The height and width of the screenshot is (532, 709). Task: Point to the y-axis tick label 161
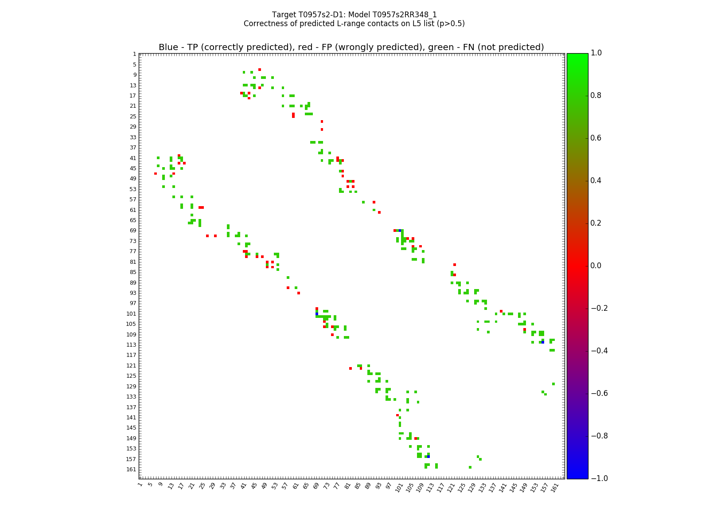pos(132,469)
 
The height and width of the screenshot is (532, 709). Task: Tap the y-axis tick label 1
pos(134,54)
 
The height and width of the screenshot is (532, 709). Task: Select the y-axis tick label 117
pos(132,355)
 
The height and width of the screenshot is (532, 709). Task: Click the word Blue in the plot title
pos(168,47)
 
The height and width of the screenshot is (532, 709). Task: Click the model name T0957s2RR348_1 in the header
pos(405,15)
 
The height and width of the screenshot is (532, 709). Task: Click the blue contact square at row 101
pos(317,314)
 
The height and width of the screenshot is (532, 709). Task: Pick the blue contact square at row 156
pos(429,457)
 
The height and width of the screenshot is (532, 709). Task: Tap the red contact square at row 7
pos(260,70)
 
